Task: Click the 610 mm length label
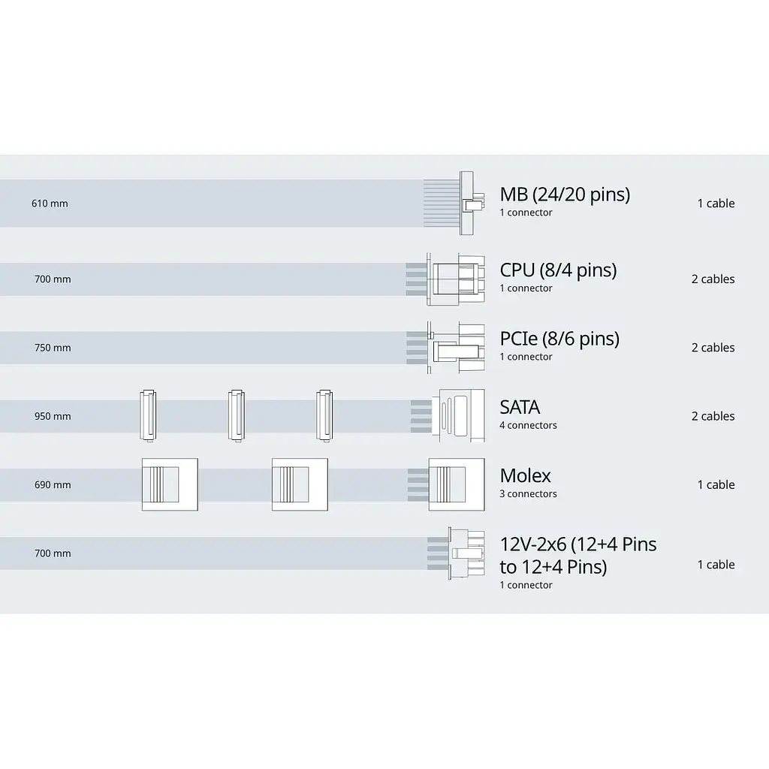click(50, 204)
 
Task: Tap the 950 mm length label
click(53, 416)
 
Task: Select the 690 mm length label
click(53, 485)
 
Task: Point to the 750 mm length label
click(53, 348)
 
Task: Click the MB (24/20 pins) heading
click(565, 195)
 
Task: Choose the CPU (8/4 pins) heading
click(558, 270)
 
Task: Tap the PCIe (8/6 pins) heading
click(559, 339)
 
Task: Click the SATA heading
click(520, 407)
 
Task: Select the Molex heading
click(525, 475)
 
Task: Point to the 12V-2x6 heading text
click(578, 556)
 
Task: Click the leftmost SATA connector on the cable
click(148, 416)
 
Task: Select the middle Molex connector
click(300, 484)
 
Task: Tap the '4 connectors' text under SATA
click(528, 425)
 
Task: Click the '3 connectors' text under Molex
click(528, 494)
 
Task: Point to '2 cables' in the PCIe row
click(713, 348)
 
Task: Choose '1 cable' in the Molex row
click(716, 485)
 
